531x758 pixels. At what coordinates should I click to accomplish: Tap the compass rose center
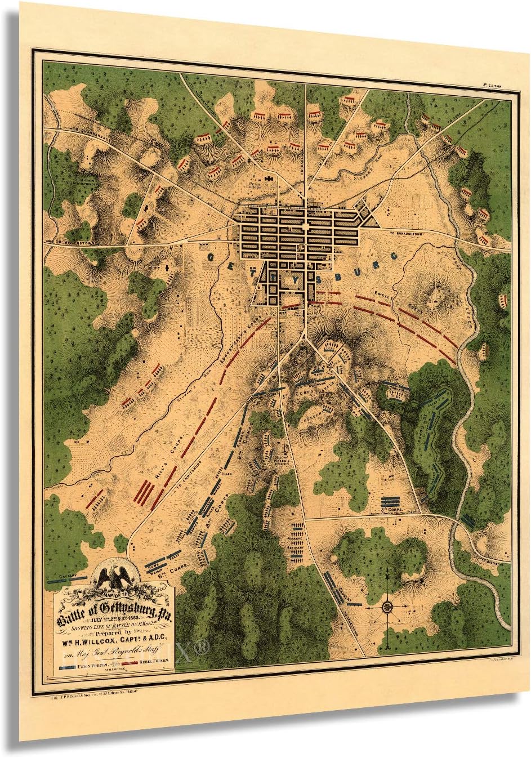[x=387, y=606]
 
